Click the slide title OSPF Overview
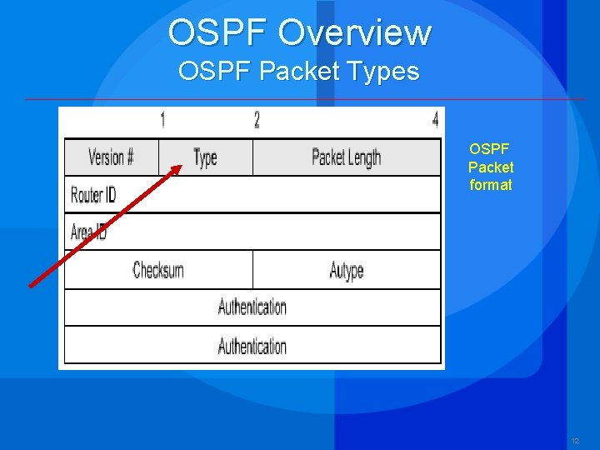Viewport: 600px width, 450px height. tap(299, 32)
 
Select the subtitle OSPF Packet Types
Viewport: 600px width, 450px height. tap(298, 72)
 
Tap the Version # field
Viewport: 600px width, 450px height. tap(111, 157)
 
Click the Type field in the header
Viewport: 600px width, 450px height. tap(205, 157)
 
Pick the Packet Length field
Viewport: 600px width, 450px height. tap(346, 157)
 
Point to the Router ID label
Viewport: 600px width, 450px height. tap(93, 195)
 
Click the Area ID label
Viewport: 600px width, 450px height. tap(88, 232)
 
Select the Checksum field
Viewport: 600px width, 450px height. tap(158, 270)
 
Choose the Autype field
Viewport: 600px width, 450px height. tap(346, 270)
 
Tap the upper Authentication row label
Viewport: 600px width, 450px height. tap(252, 307)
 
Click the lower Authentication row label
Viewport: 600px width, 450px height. tap(252, 345)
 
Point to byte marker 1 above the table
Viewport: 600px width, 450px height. tap(162, 120)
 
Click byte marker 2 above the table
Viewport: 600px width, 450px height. tap(257, 120)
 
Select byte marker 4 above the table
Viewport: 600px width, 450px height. tap(435, 120)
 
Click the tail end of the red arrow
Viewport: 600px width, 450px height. tap(31, 286)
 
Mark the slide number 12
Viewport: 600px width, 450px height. tap(575, 440)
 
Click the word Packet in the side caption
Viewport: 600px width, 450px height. tap(491, 167)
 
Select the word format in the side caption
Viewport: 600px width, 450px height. tap(491, 185)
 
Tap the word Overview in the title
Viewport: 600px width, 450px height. tap(354, 32)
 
